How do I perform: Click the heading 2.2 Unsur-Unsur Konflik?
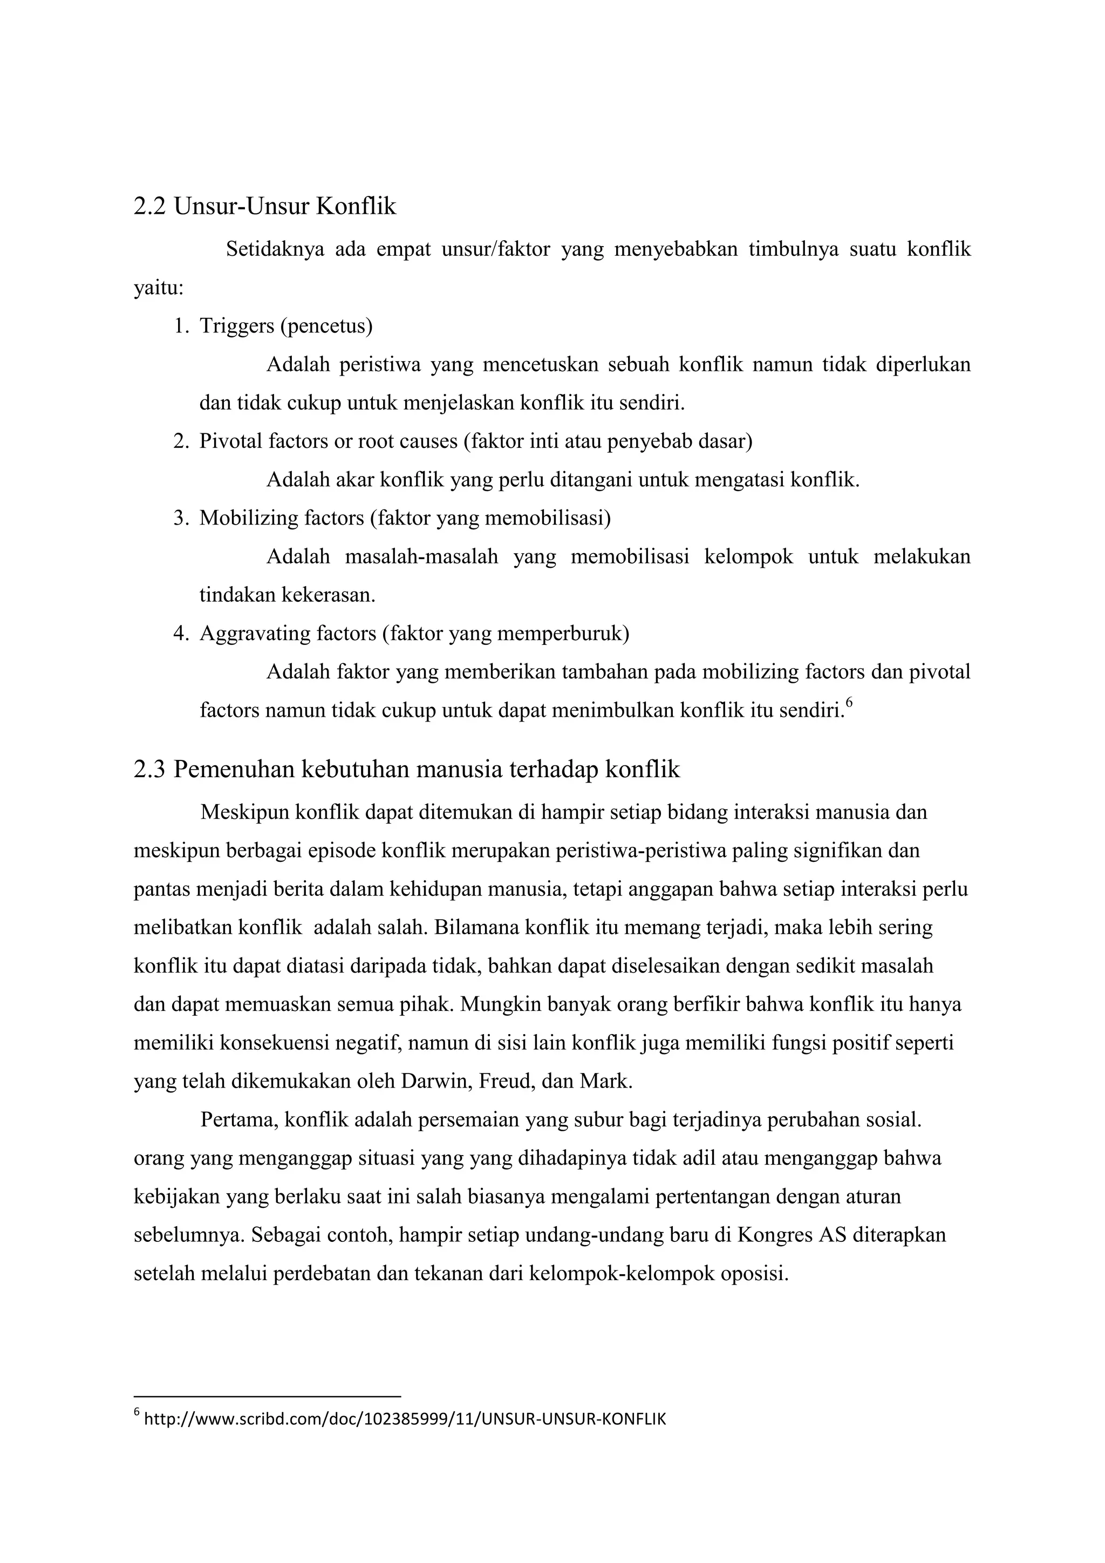click(x=265, y=206)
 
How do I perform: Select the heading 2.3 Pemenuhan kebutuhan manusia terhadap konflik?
click(x=406, y=769)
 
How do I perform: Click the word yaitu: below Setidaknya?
click(x=159, y=288)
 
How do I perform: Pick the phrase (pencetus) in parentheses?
click(x=326, y=326)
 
